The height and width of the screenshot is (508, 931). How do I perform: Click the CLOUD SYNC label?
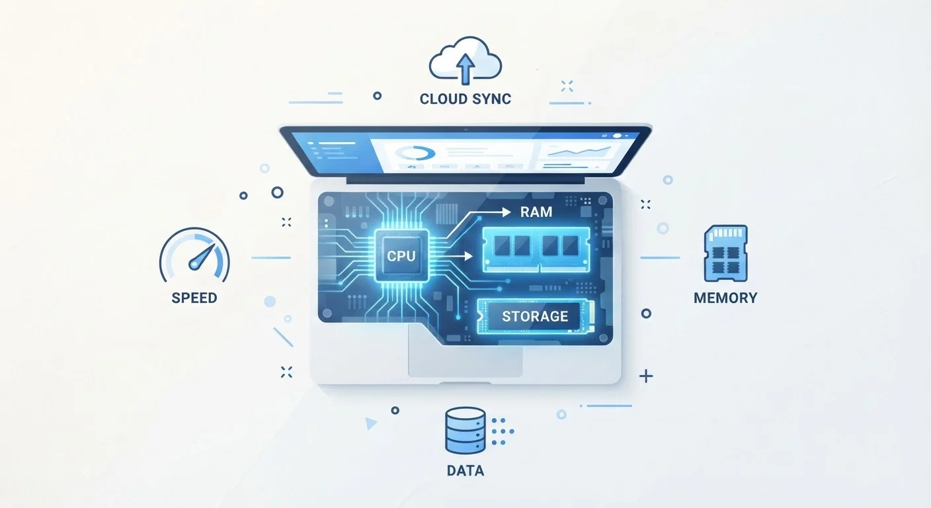point(465,99)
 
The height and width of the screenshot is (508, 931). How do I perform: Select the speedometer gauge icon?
point(194,255)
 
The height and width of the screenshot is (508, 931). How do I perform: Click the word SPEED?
point(194,298)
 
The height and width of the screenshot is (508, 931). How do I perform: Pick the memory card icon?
point(725,253)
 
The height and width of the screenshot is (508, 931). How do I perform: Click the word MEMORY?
point(725,298)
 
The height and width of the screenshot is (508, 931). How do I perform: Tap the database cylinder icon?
point(465,430)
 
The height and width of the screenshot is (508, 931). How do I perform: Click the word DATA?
point(465,470)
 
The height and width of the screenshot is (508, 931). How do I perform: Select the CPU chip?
point(401,256)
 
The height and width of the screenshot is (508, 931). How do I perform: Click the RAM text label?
point(536,212)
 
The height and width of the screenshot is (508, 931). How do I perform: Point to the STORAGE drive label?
point(535,316)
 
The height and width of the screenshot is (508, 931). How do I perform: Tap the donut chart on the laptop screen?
point(415,153)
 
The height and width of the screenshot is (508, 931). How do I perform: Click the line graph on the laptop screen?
point(579,151)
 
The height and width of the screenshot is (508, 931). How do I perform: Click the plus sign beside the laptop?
point(646,376)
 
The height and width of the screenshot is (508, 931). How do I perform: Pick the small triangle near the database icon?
point(370,423)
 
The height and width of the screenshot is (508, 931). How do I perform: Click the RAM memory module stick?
point(536,249)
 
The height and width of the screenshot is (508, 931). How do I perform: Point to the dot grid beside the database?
point(502,431)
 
